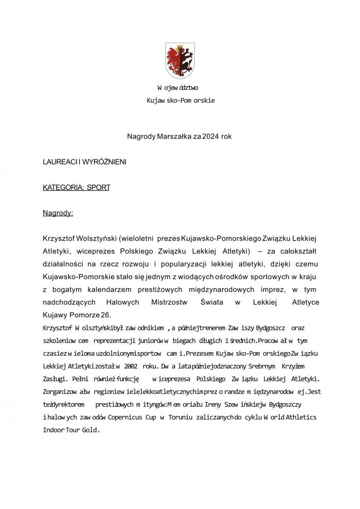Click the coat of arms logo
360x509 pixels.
coord(179,61)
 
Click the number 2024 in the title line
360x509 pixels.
coord(210,136)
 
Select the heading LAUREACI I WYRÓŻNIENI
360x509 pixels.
coord(84,162)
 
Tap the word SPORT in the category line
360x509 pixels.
coord(98,188)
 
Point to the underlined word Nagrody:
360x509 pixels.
coord(58,213)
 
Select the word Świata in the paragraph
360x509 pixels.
coord(211,302)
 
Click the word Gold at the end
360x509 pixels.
coord(88,430)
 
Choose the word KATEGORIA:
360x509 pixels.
coord(62,188)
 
